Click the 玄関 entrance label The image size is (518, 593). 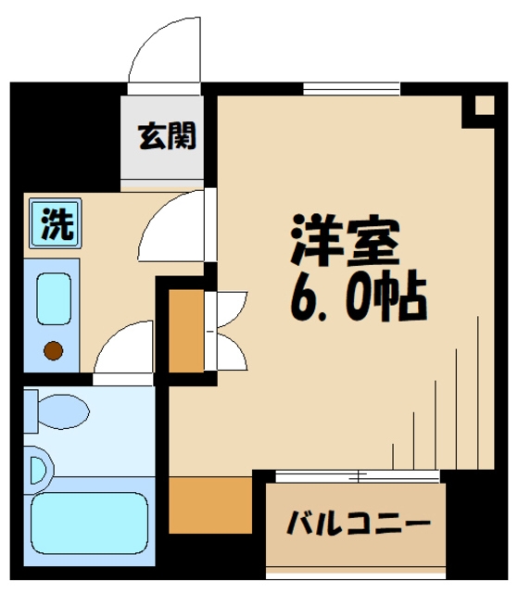(168, 136)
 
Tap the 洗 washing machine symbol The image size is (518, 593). (53, 223)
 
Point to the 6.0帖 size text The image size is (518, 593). (357, 296)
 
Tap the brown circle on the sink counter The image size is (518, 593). (53, 350)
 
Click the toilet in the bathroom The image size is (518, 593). (57, 408)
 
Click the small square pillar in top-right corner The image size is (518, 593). (480, 107)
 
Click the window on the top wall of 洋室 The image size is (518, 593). (351, 90)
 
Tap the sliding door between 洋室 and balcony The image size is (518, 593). (358, 475)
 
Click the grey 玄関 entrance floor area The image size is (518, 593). (168, 158)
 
